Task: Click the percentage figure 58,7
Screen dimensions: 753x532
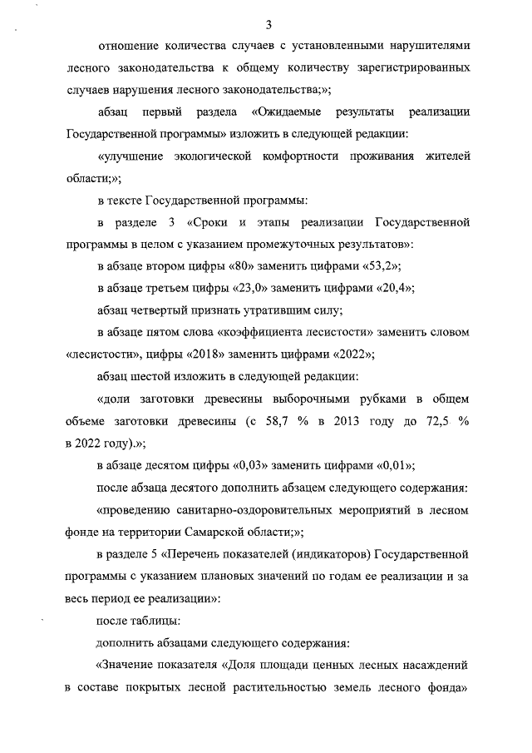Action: click(273, 420)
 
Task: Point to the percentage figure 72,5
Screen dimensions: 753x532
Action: click(438, 420)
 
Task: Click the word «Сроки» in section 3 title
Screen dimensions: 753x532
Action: click(214, 222)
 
